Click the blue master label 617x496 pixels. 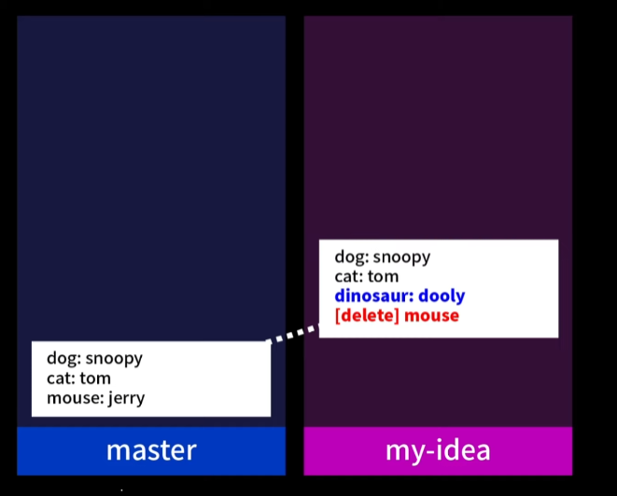151,450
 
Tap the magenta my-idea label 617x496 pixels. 438,450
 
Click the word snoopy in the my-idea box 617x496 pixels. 402,257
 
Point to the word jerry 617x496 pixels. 127,398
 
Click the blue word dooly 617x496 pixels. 442,296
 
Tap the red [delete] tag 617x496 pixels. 367,316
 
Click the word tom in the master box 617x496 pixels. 95,379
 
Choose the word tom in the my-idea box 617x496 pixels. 383,277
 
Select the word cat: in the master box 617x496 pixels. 61,379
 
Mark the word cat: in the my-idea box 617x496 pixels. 349,277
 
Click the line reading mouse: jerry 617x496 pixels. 96,398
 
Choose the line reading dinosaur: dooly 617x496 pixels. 400,296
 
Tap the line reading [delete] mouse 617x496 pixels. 397,316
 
